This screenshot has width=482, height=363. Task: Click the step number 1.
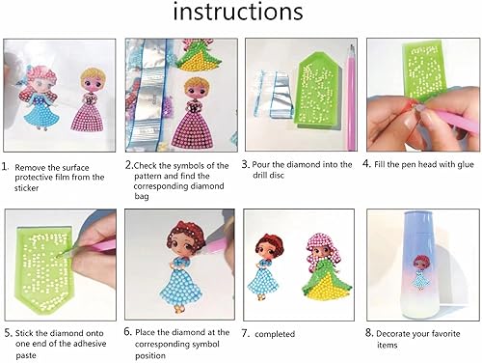point(7,165)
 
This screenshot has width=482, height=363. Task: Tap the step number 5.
point(7,333)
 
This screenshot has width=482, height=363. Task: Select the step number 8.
point(369,333)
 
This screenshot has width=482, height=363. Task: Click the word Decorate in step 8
point(400,333)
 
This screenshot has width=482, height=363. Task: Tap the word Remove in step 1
point(35,165)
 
